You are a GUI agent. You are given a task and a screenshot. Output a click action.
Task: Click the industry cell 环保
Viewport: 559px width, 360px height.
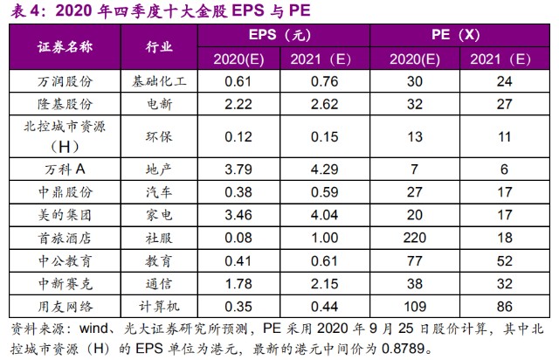click(x=157, y=137)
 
